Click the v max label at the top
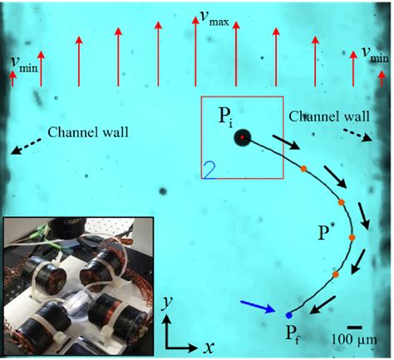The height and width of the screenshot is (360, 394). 214,17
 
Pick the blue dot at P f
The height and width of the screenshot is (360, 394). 288,316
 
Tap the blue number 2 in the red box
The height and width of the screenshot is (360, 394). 209,170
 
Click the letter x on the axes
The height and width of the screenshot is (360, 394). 202,343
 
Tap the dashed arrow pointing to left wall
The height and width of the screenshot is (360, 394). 24,146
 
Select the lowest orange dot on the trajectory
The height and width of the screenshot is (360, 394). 336,274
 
